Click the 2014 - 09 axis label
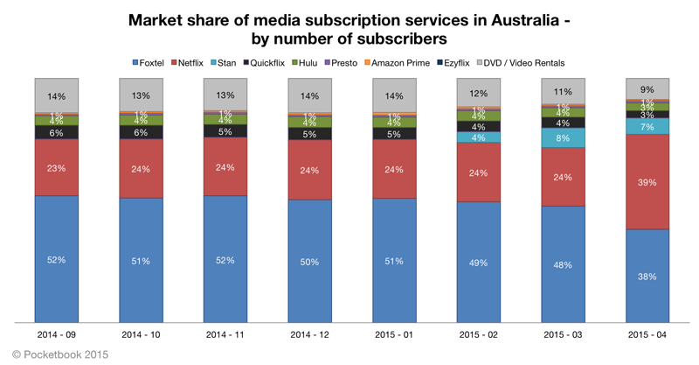[58, 335]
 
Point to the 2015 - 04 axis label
[647, 335]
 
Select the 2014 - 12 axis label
[310, 335]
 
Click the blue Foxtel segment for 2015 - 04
[647, 275]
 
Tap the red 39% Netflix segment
[647, 182]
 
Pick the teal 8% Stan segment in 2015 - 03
[563, 138]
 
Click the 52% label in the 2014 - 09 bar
[58, 259]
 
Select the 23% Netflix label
[58, 167]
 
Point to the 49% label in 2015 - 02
[479, 263]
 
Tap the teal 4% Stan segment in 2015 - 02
[479, 137]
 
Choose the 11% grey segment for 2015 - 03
[563, 91]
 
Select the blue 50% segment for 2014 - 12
[310, 261]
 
